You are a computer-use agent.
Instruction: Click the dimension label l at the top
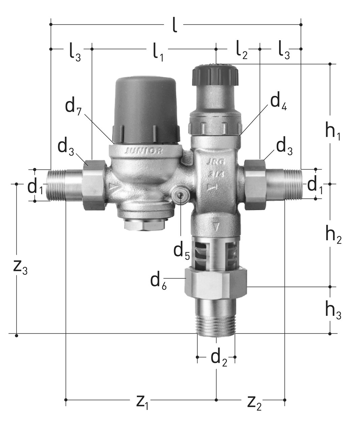[175, 25]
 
